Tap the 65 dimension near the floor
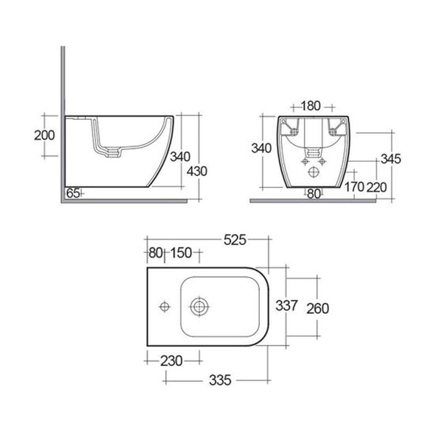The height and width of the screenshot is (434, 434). point(73,193)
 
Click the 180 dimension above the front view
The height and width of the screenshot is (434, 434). point(310,105)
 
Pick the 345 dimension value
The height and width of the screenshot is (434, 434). point(392,159)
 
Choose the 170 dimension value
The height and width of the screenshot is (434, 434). point(354,187)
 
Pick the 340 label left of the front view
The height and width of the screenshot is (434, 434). point(260,148)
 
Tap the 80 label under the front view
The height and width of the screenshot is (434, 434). point(314,194)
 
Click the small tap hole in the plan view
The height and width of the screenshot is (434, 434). point(165,306)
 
